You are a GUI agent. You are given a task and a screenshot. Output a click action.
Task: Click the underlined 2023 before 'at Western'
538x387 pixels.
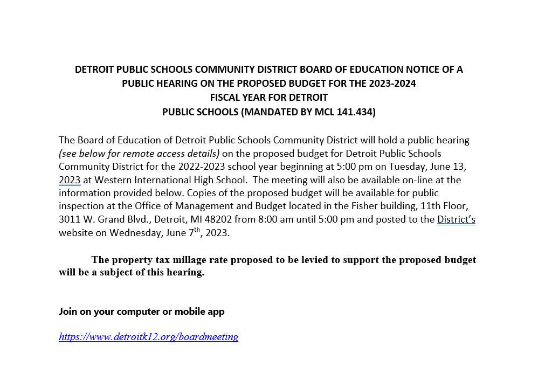point(70,179)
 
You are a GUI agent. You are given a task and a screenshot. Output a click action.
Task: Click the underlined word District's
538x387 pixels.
point(456,219)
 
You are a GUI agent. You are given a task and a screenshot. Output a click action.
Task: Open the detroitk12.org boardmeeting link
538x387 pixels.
point(149,337)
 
